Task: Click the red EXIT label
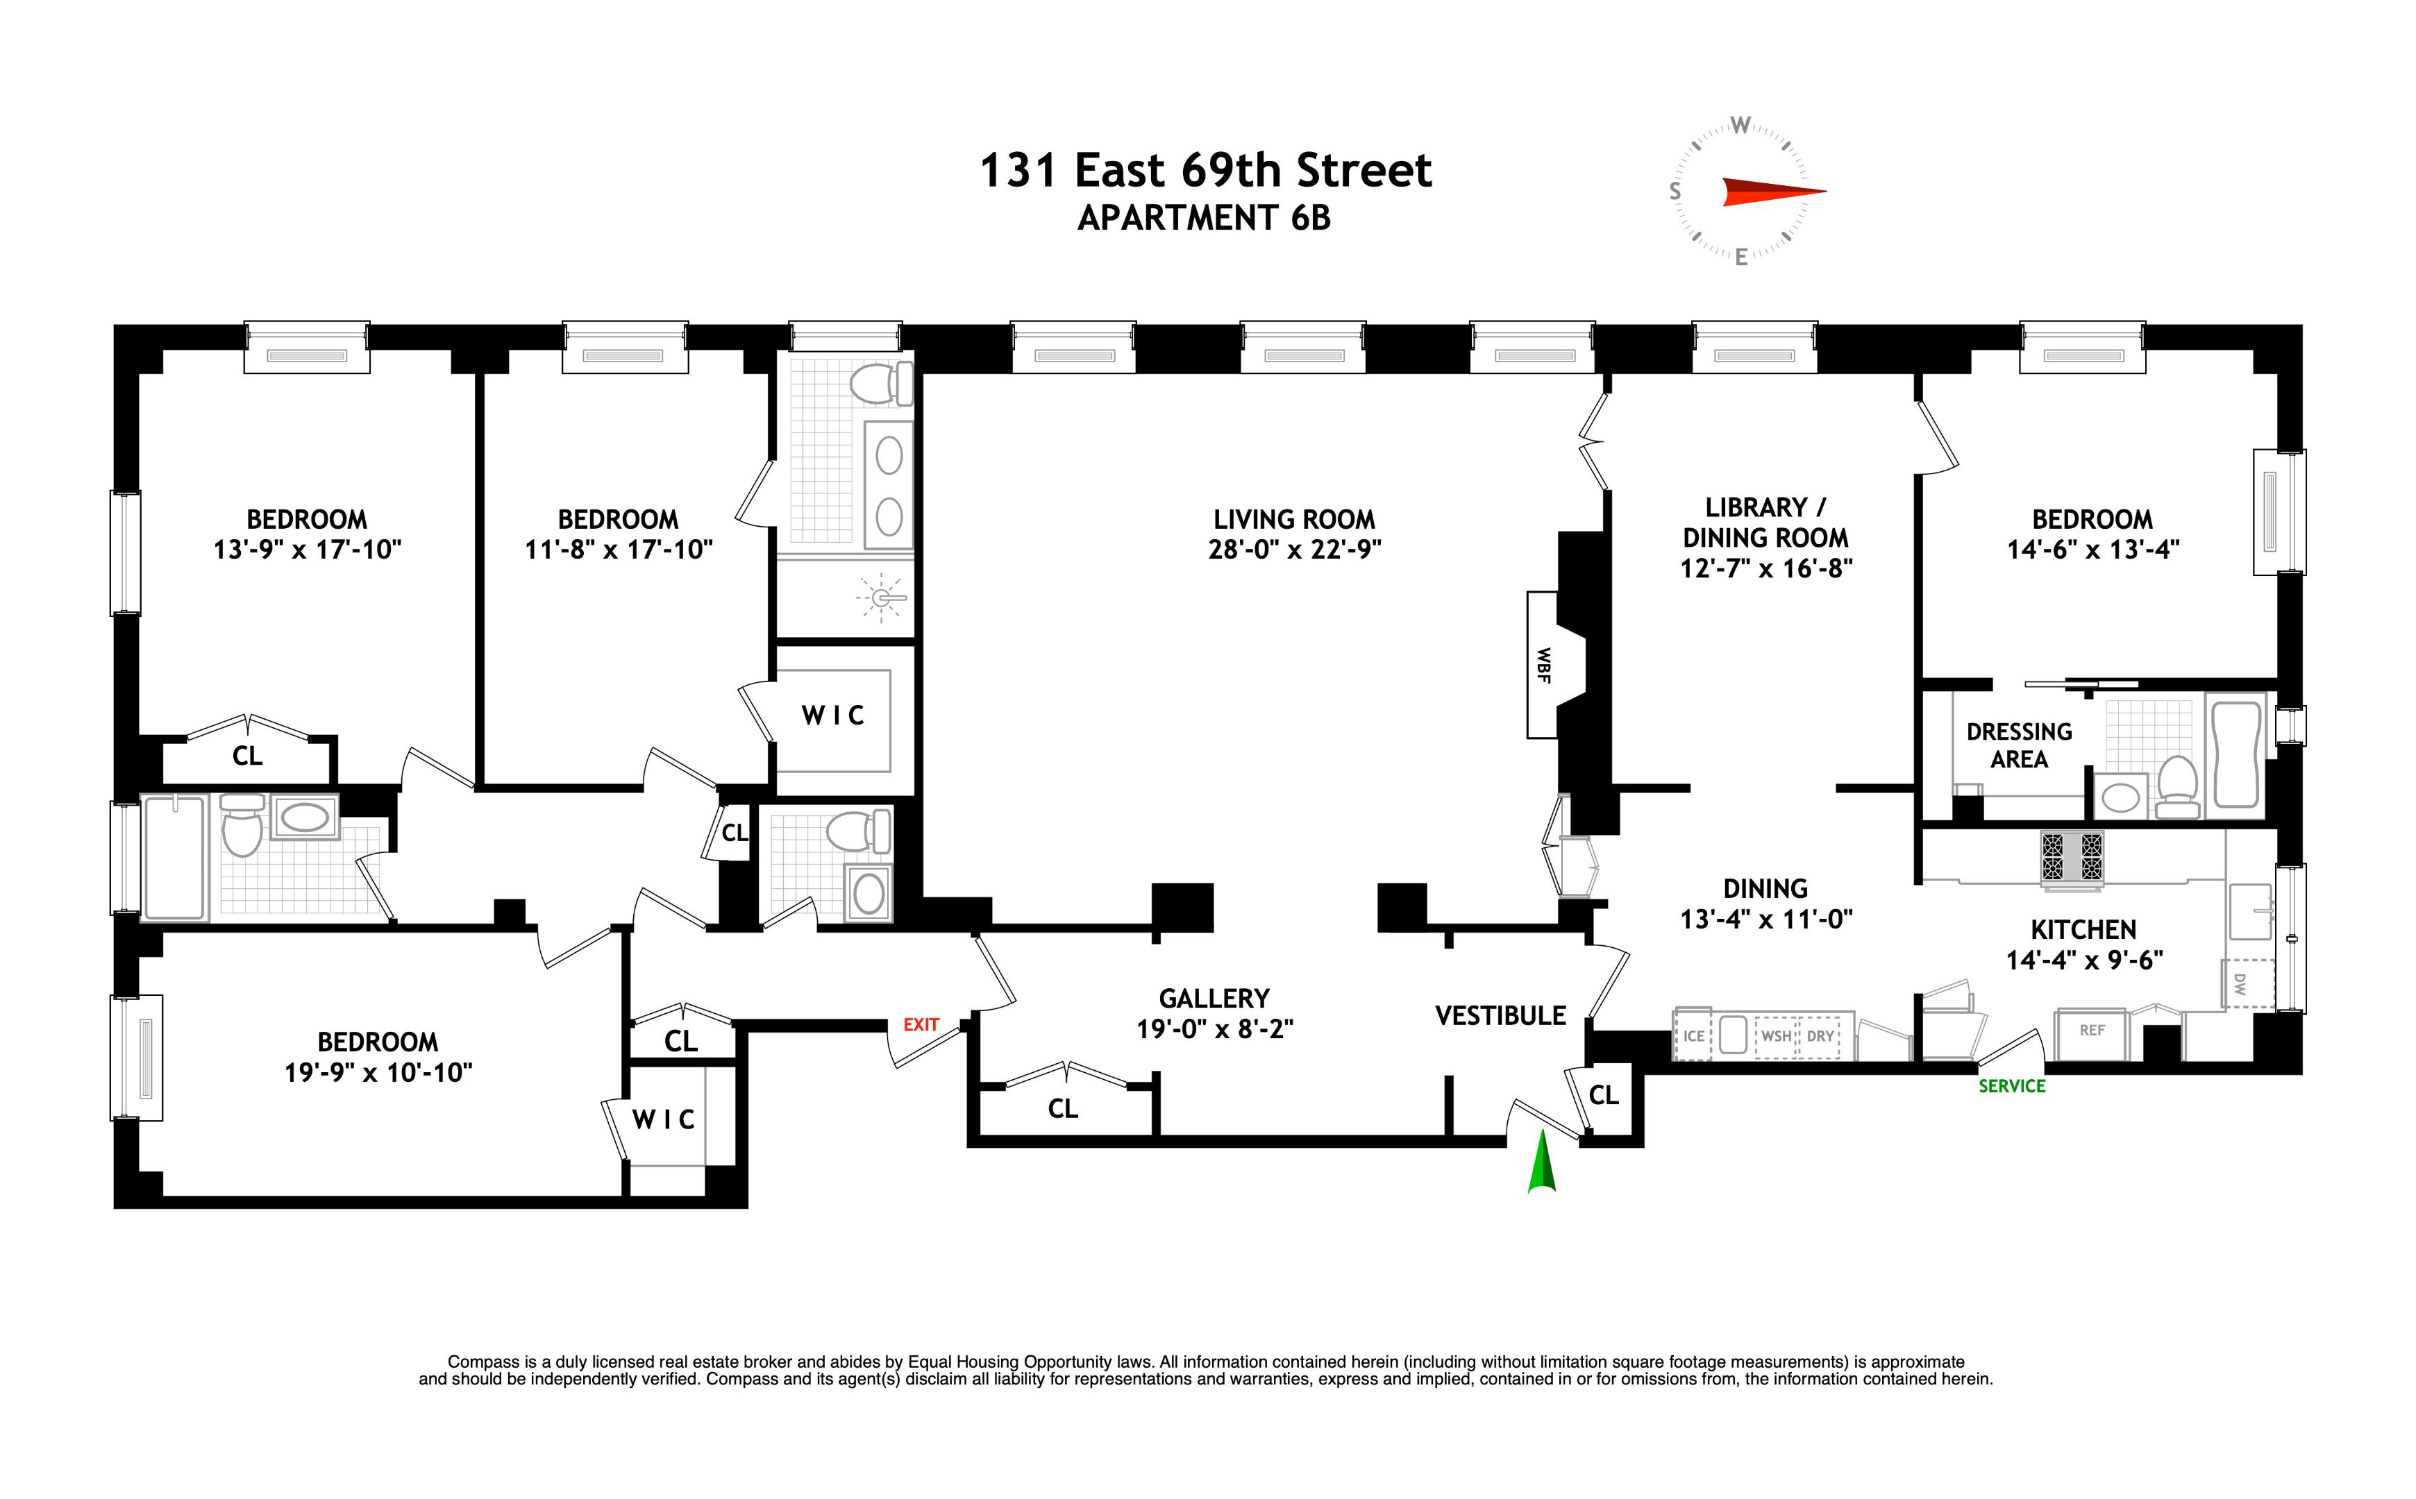[921, 1025]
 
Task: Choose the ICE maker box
[1693, 1036]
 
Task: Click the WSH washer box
[1777, 1036]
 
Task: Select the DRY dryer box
[1820, 1036]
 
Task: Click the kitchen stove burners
[2071, 856]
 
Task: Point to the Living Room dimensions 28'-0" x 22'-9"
[1294, 549]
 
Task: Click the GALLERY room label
[1214, 999]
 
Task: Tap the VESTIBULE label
[1500, 1015]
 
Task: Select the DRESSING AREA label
[2020, 745]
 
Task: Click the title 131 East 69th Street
[1205, 171]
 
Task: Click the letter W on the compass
[1740, 126]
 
